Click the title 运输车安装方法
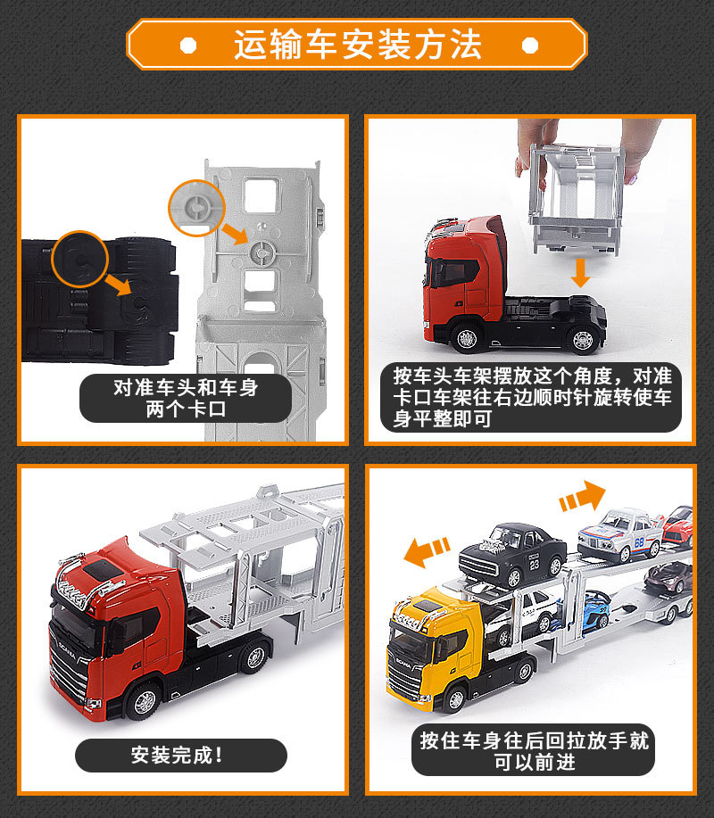click(x=357, y=44)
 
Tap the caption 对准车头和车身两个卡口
click(x=186, y=398)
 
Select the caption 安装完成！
click(x=179, y=756)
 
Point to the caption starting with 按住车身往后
click(x=535, y=751)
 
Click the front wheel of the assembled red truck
click(x=144, y=702)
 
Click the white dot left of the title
click(x=187, y=45)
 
